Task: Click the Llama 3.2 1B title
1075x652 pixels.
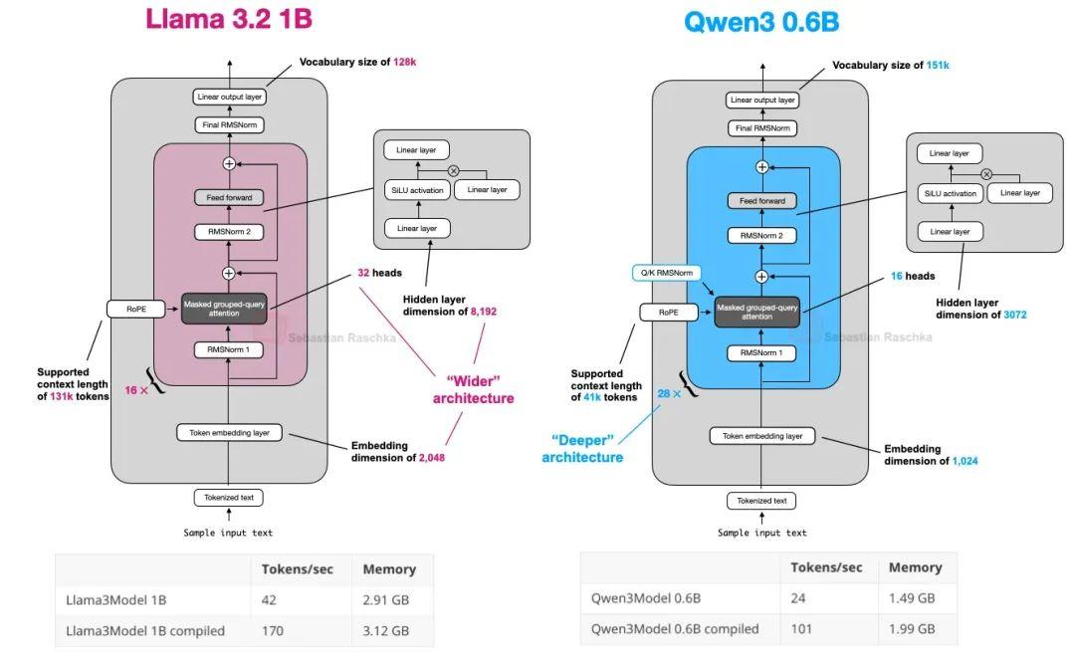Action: pyautogui.click(x=236, y=20)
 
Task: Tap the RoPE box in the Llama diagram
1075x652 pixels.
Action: pyautogui.click(x=134, y=309)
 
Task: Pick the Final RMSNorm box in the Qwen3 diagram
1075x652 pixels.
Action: pyautogui.click(x=762, y=127)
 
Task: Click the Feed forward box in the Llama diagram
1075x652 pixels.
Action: pyautogui.click(x=229, y=197)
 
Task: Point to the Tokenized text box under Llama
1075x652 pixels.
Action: pyautogui.click(x=229, y=498)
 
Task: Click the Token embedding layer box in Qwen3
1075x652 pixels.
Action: pyautogui.click(x=762, y=436)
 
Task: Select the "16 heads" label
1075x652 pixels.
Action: pyautogui.click(x=913, y=276)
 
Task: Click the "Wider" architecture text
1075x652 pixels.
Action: pyautogui.click(x=473, y=389)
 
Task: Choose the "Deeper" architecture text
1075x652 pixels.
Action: pyautogui.click(x=582, y=448)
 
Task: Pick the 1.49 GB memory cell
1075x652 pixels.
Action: pyautogui.click(x=911, y=598)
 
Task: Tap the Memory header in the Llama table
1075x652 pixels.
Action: pyautogui.click(x=389, y=569)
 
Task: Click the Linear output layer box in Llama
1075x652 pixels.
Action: pyautogui.click(x=229, y=97)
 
